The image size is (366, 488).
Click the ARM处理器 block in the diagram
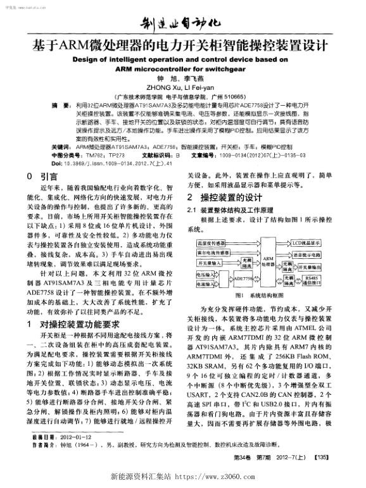[267, 261]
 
